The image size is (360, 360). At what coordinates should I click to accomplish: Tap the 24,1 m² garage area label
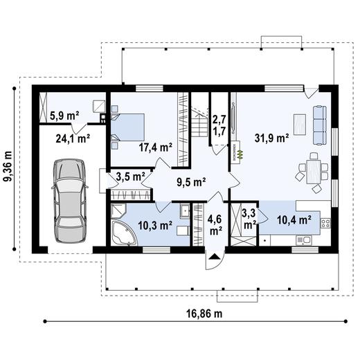[73, 138]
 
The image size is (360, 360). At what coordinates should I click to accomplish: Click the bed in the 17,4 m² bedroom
[129, 127]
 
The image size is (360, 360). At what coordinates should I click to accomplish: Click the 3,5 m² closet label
[129, 177]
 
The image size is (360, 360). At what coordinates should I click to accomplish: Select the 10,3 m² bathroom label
[155, 225]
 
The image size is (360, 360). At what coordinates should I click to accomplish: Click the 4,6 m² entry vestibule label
[215, 226]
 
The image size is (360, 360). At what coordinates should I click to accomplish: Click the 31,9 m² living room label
[271, 138]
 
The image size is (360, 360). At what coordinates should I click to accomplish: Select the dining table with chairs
[312, 170]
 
